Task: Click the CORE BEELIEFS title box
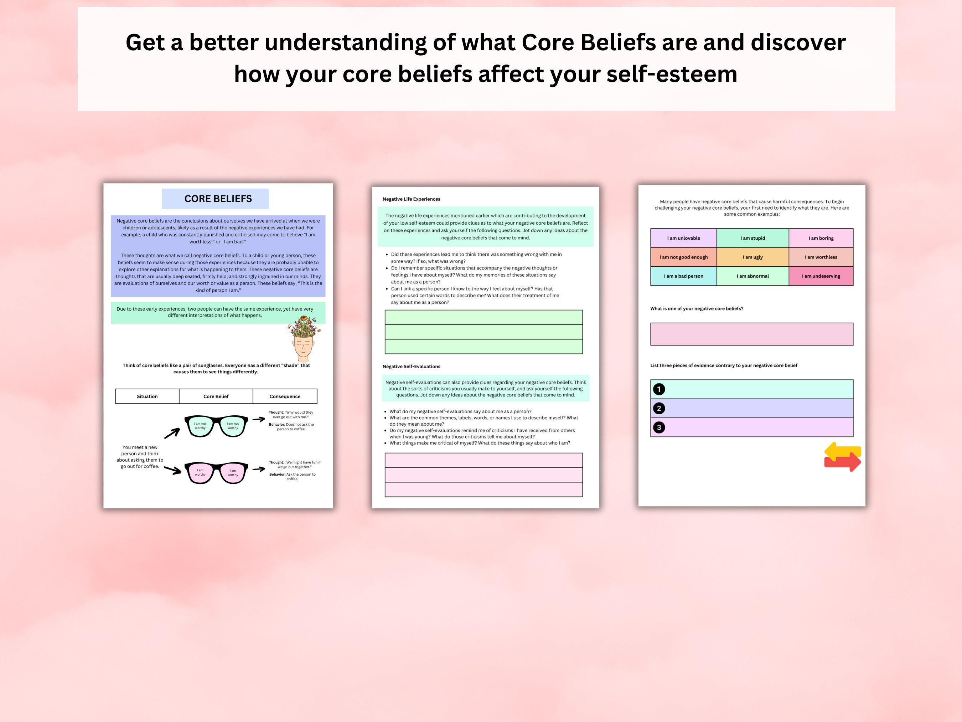pos(215,199)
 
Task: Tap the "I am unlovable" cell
pos(683,238)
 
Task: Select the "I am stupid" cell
pos(752,238)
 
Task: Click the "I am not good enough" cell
pos(683,257)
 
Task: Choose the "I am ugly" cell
pos(752,257)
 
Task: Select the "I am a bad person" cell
pos(683,276)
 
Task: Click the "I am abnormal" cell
pos(752,276)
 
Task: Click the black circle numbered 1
pos(658,389)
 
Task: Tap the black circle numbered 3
pos(658,427)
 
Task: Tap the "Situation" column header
pos(147,396)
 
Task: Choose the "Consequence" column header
pos(285,396)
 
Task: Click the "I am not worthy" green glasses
pos(216,426)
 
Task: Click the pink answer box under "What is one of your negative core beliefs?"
pos(751,334)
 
